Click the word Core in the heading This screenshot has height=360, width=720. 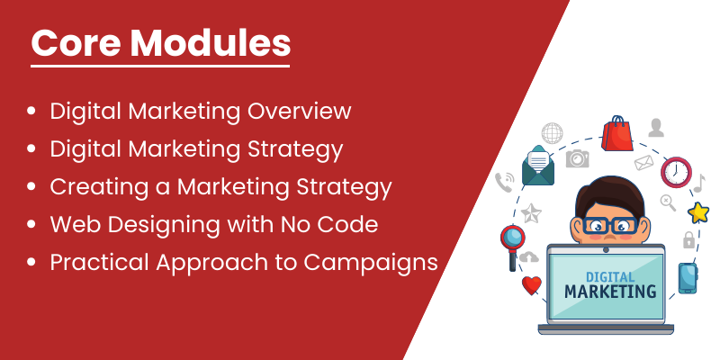point(75,42)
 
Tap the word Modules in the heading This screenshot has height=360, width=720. point(211,42)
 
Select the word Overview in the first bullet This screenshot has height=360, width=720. point(300,111)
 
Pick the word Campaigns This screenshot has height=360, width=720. point(371,263)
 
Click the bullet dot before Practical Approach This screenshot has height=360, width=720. point(31,262)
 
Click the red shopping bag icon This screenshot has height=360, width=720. point(617,133)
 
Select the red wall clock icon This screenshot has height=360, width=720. point(676,173)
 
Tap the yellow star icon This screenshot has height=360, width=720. point(698,212)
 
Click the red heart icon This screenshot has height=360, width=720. point(532,285)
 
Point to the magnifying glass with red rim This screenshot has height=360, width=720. point(512,246)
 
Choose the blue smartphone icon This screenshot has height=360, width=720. point(688,278)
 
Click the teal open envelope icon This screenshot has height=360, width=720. point(538,166)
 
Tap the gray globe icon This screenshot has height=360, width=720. point(552,133)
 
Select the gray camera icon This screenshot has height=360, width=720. point(577,158)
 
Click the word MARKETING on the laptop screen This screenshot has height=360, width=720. point(610,291)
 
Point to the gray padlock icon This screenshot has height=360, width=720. point(688,239)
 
